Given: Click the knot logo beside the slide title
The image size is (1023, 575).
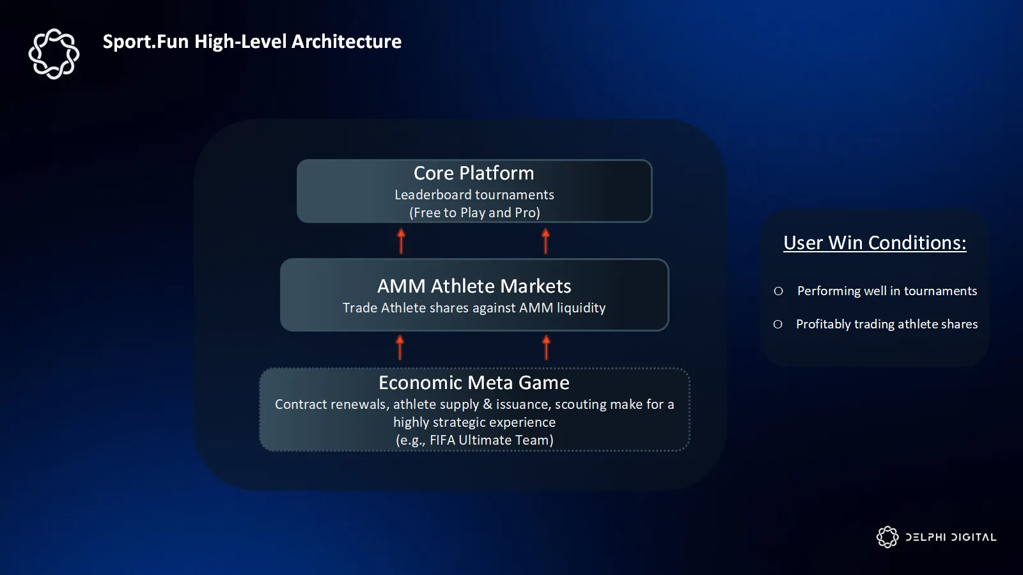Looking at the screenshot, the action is (54, 54).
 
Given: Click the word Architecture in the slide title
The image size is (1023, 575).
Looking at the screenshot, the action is (347, 42).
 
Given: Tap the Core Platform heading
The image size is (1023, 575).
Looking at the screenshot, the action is (474, 173).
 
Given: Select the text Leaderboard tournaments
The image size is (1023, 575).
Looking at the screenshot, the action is (474, 195).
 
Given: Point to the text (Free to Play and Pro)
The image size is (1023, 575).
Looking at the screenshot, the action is (474, 213).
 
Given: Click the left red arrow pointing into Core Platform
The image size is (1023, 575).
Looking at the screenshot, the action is (401, 241).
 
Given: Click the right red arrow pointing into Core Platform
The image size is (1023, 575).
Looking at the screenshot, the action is (545, 241).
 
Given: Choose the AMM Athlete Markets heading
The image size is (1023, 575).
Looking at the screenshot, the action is (474, 286).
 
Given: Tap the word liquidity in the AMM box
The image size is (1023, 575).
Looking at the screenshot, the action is (581, 308).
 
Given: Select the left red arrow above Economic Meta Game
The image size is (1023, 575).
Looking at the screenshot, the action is (400, 348).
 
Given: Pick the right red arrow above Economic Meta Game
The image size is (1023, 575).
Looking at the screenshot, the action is (546, 348).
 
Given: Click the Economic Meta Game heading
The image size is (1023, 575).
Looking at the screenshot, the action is (474, 383).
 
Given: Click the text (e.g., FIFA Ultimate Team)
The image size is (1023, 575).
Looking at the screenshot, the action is (474, 440).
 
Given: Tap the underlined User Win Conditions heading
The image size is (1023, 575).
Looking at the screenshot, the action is (875, 243).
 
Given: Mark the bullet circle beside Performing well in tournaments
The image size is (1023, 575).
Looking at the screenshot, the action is (779, 291).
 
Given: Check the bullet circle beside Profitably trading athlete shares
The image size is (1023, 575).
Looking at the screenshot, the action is (777, 325).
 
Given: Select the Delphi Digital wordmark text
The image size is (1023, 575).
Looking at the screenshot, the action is (951, 537).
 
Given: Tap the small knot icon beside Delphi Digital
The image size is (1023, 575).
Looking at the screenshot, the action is (887, 537).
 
